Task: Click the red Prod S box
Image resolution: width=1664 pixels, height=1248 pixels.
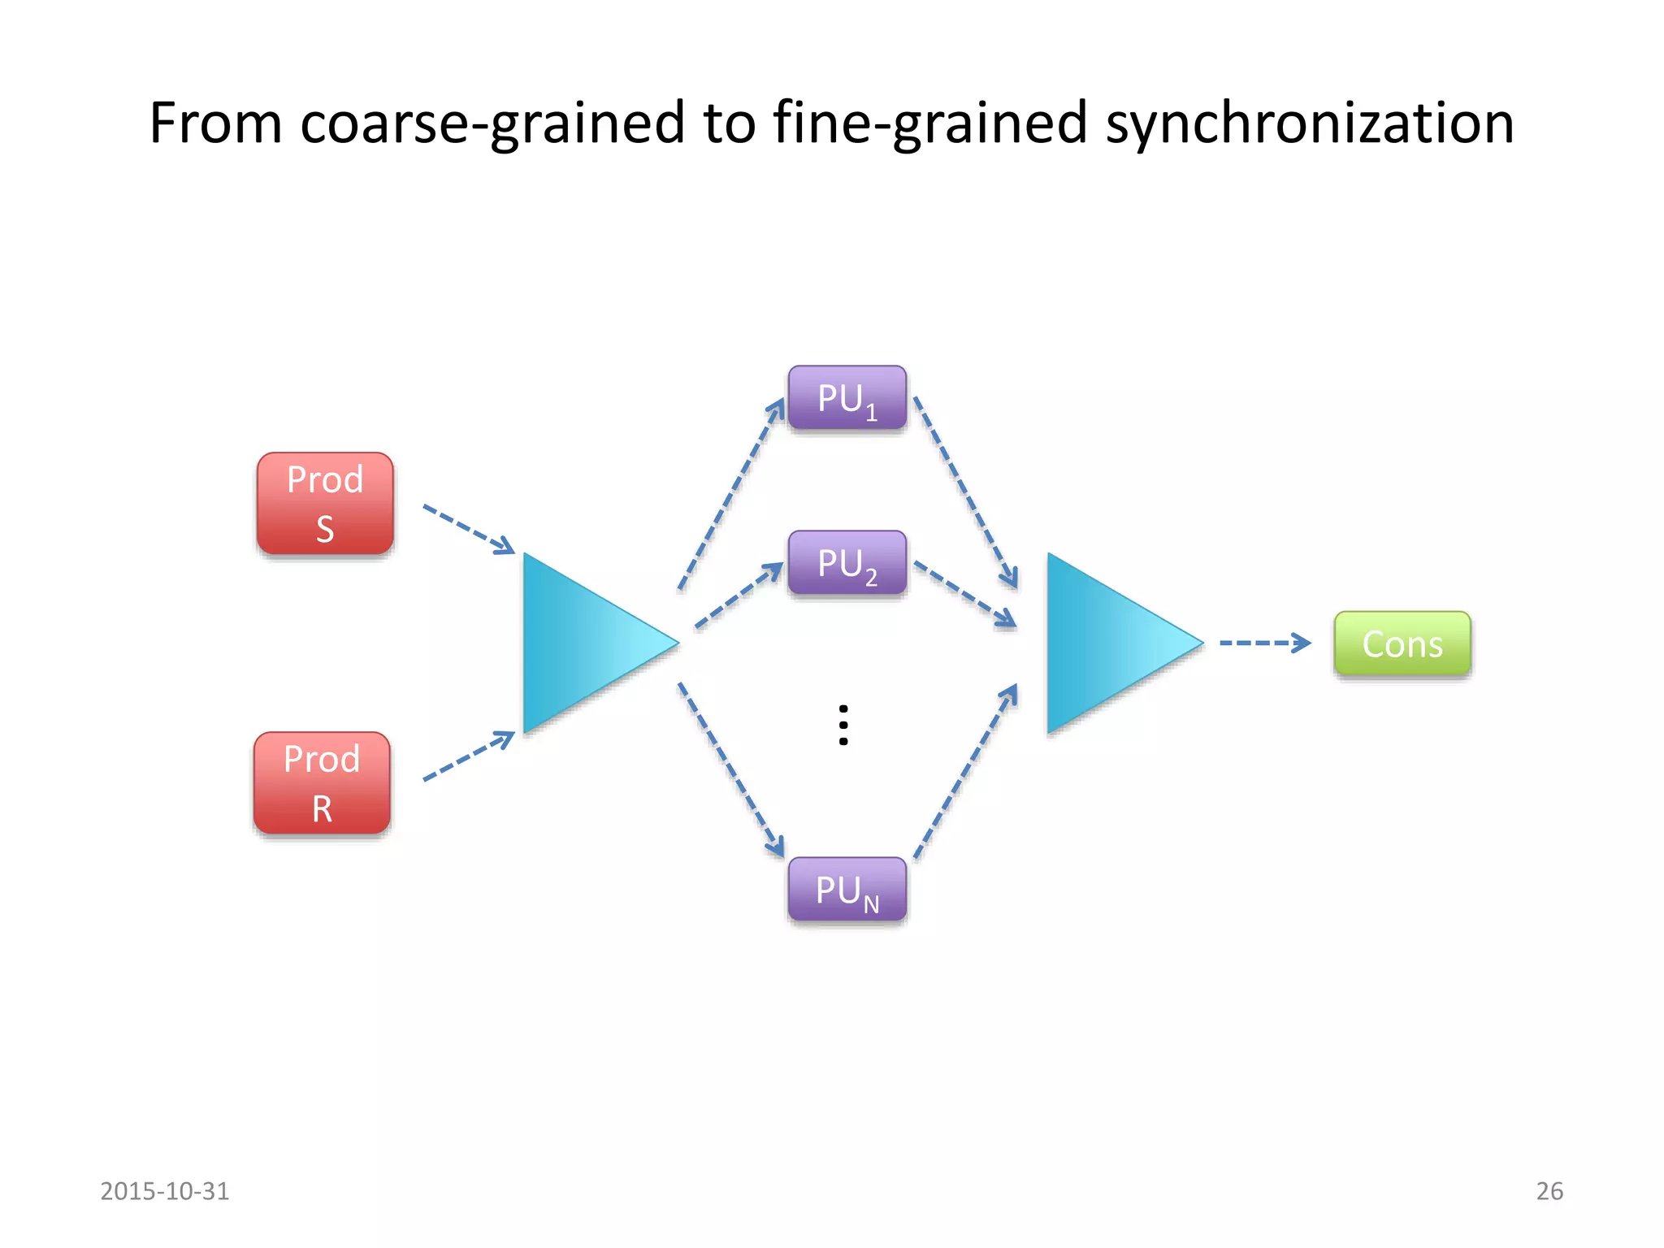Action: pyautogui.click(x=325, y=504)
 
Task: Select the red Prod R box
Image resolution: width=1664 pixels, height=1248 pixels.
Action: pyautogui.click(x=322, y=783)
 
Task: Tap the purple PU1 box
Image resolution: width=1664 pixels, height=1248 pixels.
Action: pyautogui.click(x=847, y=398)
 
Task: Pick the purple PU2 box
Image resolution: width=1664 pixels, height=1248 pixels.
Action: pyautogui.click(x=847, y=563)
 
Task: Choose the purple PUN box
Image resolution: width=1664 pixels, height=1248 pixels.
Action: pyautogui.click(x=847, y=890)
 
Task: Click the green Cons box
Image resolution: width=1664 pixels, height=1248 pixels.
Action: pyautogui.click(x=1402, y=643)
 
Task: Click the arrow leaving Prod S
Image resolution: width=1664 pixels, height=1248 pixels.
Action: pyautogui.click(x=469, y=529)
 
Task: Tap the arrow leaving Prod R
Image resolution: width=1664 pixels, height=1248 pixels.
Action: pyautogui.click(x=469, y=756)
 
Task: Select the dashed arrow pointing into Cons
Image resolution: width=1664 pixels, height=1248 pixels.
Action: pyautogui.click(x=1264, y=643)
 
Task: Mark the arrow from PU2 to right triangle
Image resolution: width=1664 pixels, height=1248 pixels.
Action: pyautogui.click(x=964, y=594)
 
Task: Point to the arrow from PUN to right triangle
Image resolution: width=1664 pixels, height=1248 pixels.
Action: pyautogui.click(x=965, y=772)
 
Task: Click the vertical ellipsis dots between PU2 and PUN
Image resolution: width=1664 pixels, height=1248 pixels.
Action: pyautogui.click(x=843, y=725)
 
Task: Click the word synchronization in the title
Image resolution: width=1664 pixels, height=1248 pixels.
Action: pyautogui.click(x=1310, y=123)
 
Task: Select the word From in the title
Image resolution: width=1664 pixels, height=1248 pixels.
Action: pyautogui.click(x=215, y=123)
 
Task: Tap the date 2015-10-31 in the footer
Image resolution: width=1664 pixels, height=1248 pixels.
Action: pyautogui.click(x=165, y=1191)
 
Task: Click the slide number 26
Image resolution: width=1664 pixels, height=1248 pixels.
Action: pyautogui.click(x=1549, y=1191)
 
